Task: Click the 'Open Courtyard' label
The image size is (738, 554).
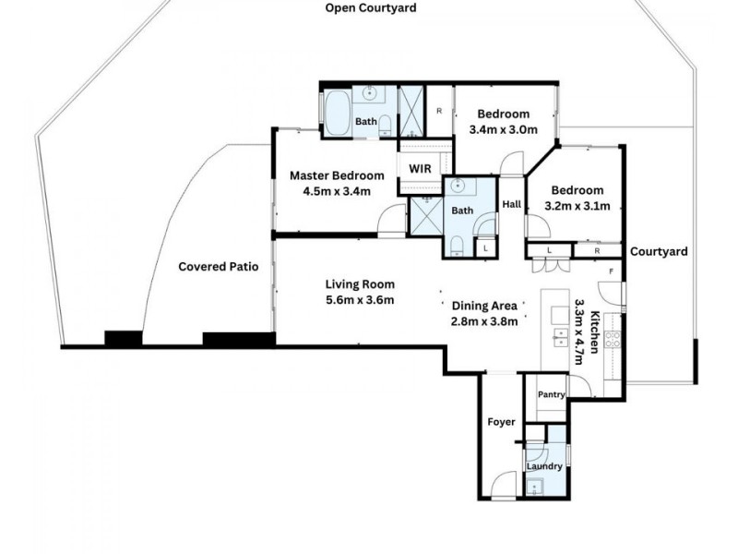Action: coord(371,8)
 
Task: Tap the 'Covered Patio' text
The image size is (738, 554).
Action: coord(218,267)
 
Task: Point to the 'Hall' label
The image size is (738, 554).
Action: coord(510,205)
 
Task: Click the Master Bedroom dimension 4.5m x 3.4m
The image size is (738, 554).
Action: coord(337,192)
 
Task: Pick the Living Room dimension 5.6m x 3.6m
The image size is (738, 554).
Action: coord(360,300)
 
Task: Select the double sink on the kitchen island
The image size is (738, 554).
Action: coord(560,334)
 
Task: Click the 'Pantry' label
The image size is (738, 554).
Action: coord(552,395)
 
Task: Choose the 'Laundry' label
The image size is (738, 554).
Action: coord(544,466)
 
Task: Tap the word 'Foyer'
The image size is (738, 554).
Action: coord(501,422)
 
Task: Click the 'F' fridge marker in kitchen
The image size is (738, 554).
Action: coord(611,271)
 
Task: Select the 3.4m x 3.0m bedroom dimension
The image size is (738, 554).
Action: coord(503,130)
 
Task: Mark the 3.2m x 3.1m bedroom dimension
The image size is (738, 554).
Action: coord(577,206)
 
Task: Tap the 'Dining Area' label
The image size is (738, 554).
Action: coord(484,306)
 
